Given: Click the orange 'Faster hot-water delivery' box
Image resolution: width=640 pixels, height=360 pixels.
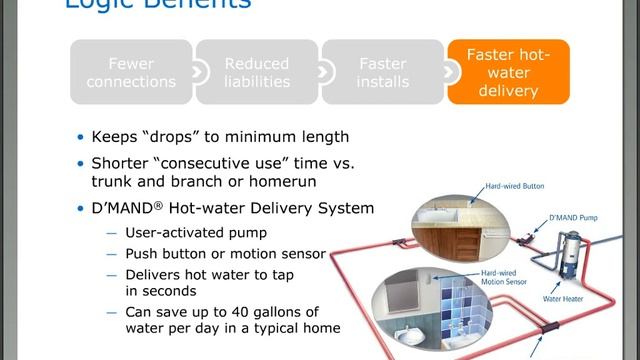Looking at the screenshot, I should [509, 72].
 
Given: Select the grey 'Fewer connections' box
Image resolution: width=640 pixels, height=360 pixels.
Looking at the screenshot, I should [131, 72].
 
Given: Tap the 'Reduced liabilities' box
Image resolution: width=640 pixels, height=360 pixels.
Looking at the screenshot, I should [257, 72].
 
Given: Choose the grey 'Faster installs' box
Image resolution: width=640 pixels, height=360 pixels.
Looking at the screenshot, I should [383, 72].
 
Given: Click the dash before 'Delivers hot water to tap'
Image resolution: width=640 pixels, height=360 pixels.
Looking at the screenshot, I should [111, 275].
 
